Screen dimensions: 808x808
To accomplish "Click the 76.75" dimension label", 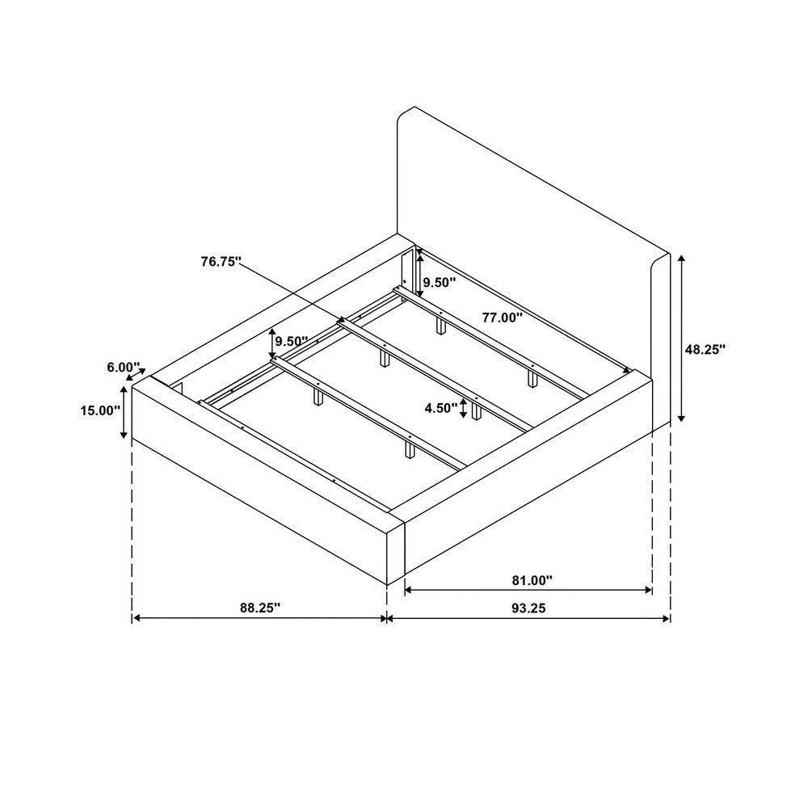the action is click(221, 262).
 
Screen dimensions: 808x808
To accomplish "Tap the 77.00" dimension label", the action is click(503, 318).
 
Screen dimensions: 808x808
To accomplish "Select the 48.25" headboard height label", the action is click(705, 349).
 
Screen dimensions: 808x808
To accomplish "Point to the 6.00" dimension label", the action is click(124, 368).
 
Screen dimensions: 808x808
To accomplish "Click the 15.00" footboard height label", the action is click(100, 410).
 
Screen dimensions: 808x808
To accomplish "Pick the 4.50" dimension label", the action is click(441, 408).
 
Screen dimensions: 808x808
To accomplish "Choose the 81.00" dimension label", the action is click(532, 580).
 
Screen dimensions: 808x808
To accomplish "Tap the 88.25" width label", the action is click(260, 608).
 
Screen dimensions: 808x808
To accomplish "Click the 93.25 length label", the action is click(528, 608).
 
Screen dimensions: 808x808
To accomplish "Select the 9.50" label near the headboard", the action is click(440, 282).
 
